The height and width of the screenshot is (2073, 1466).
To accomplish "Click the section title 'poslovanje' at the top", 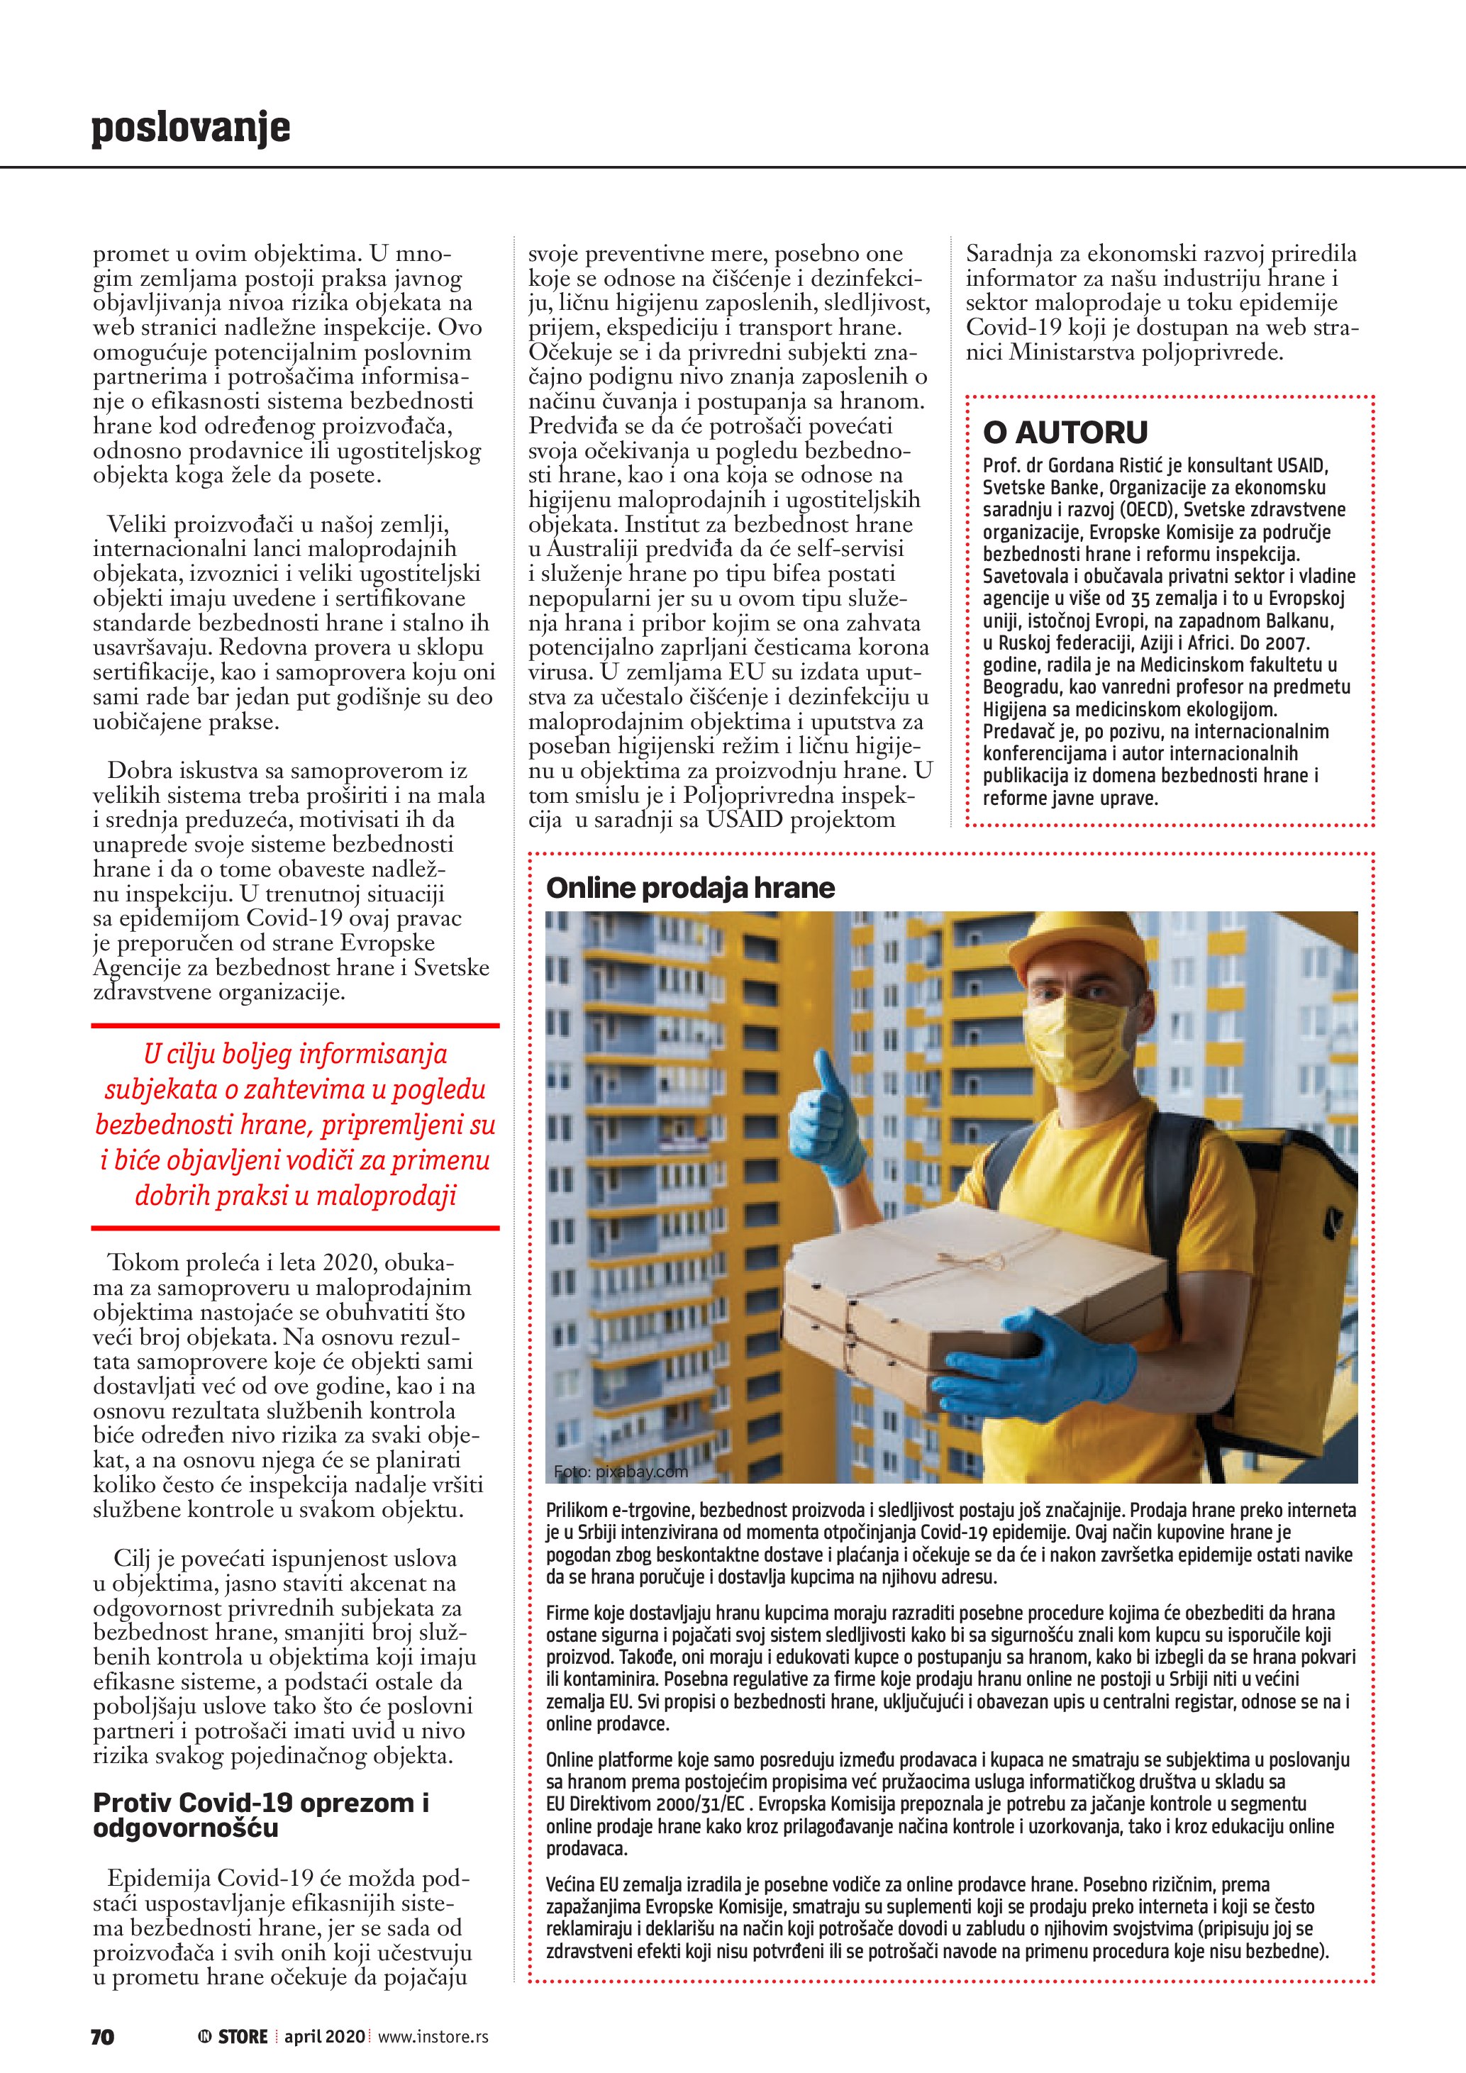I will point(191,128).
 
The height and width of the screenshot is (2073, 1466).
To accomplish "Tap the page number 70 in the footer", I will point(103,2037).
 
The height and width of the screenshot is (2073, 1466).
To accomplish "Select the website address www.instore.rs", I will point(433,2037).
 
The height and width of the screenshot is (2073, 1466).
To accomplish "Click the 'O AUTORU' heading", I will point(1065,433).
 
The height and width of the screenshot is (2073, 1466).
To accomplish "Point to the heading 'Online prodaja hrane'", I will point(691,889).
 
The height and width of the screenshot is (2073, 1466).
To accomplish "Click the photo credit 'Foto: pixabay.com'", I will point(621,1472).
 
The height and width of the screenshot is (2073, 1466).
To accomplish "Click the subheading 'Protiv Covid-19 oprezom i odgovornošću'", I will point(261,1815).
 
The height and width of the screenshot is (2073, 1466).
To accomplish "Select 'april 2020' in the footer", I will point(324,2037).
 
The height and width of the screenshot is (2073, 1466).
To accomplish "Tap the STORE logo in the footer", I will point(234,2037).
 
